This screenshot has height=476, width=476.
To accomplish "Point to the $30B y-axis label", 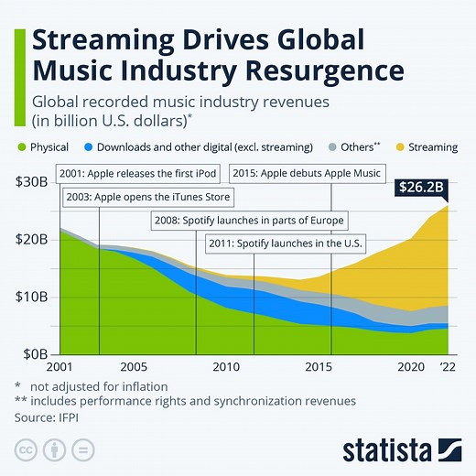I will click(32, 181).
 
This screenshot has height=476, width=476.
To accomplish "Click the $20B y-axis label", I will click(32, 239).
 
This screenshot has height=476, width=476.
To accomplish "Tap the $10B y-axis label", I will click(32, 297).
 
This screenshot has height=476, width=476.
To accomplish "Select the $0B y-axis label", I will click(36, 353).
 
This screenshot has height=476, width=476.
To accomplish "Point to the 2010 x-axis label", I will click(226, 367).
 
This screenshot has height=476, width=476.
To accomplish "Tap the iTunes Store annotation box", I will click(147, 197).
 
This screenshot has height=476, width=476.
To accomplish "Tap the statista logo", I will click(402, 449).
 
